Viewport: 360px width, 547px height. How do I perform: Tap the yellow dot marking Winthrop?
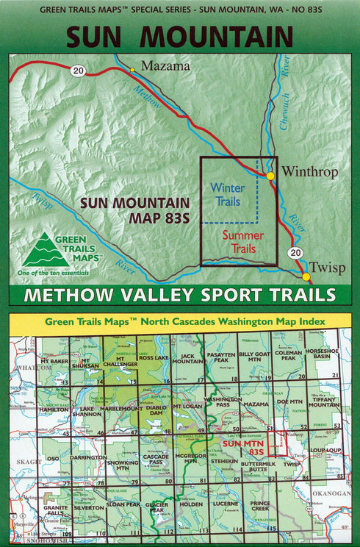[x=270, y=176]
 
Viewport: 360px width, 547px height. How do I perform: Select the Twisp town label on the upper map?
[x=325, y=268]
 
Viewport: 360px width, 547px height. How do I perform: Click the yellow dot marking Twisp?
[x=305, y=276]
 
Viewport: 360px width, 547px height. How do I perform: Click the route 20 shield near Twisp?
[x=295, y=253]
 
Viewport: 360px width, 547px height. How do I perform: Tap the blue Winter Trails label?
[x=227, y=194]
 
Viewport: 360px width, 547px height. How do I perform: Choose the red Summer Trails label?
[x=242, y=242]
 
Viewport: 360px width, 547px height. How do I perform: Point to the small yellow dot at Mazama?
[x=132, y=70]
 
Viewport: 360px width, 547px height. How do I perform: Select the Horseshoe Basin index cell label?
[x=321, y=354]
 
